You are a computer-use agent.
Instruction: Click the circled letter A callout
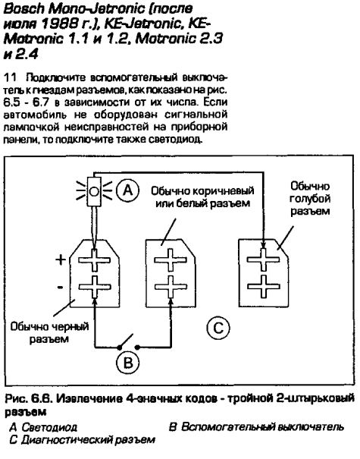point(127,190)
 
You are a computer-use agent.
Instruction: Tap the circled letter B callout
point(128,363)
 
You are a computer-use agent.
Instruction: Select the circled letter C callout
point(218,328)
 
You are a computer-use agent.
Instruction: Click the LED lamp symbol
point(94,192)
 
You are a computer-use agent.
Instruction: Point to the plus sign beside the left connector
point(61,259)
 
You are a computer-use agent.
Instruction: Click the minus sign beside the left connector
point(60,288)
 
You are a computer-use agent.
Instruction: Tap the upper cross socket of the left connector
point(94,260)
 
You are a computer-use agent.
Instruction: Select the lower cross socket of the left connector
point(94,287)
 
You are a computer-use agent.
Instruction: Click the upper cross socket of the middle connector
point(171,260)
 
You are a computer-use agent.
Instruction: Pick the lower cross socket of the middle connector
point(171,287)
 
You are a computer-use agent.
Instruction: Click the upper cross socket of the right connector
point(264,259)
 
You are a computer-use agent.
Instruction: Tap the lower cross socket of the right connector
point(264,286)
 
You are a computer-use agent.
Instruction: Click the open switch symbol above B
point(128,343)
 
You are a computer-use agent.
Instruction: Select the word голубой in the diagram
point(310,199)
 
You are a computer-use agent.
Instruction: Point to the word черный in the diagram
point(70,326)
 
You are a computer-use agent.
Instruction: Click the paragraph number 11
point(10,78)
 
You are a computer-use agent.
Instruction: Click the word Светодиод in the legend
point(49,428)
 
